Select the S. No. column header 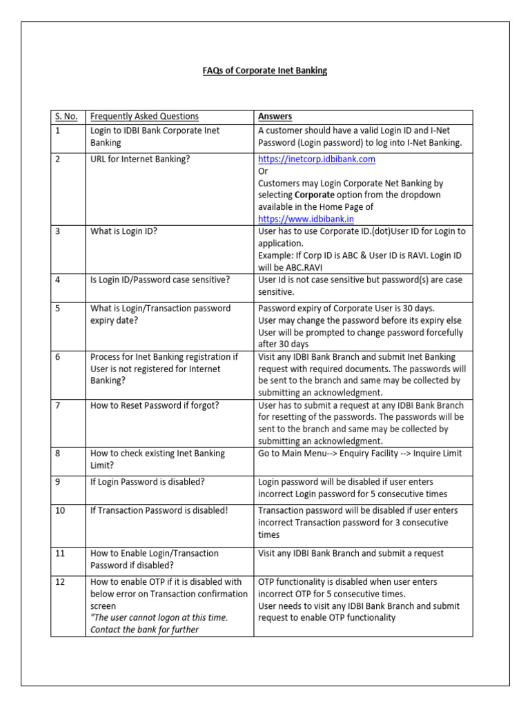[x=67, y=117]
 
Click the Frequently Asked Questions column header [x=144, y=117]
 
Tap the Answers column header [x=275, y=117]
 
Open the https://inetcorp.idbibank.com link [x=316, y=159]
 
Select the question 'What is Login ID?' [x=124, y=231]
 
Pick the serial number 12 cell [x=61, y=582]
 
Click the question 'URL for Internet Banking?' [x=140, y=159]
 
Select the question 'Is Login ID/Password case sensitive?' [x=160, y=280]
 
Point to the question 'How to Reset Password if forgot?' [x=155, y=405]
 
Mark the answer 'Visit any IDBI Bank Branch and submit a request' [x=351, y=553]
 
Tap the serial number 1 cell [x=59, y=130]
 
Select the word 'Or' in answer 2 [x=263, y=171]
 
